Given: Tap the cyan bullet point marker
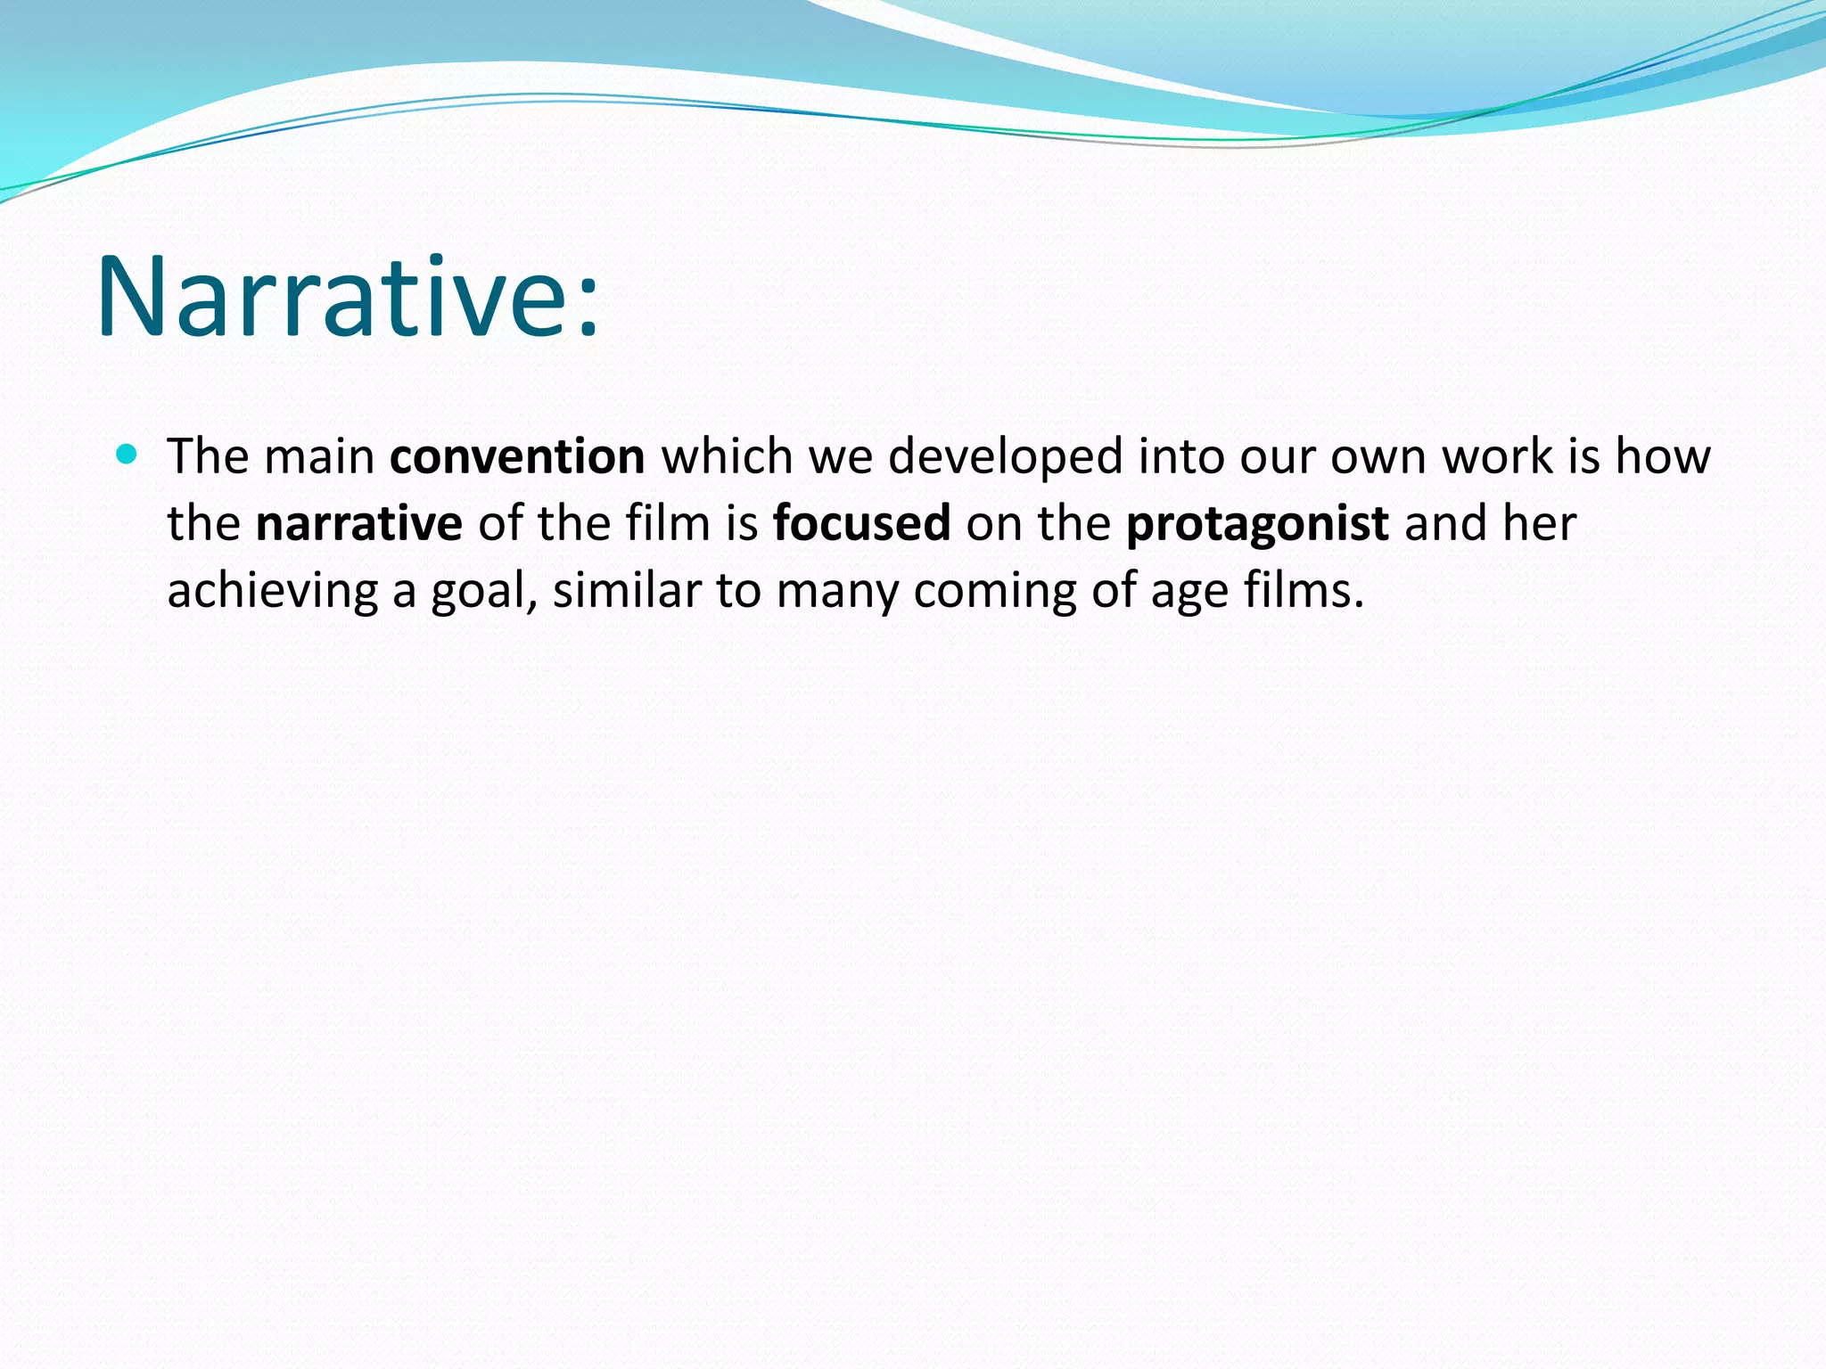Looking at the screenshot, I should (127, 455).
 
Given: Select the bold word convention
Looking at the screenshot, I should (517, 456).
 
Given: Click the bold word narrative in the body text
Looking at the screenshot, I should (358, 523).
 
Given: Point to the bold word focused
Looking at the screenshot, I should (861, 523).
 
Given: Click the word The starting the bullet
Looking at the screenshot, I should (208, 456).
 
